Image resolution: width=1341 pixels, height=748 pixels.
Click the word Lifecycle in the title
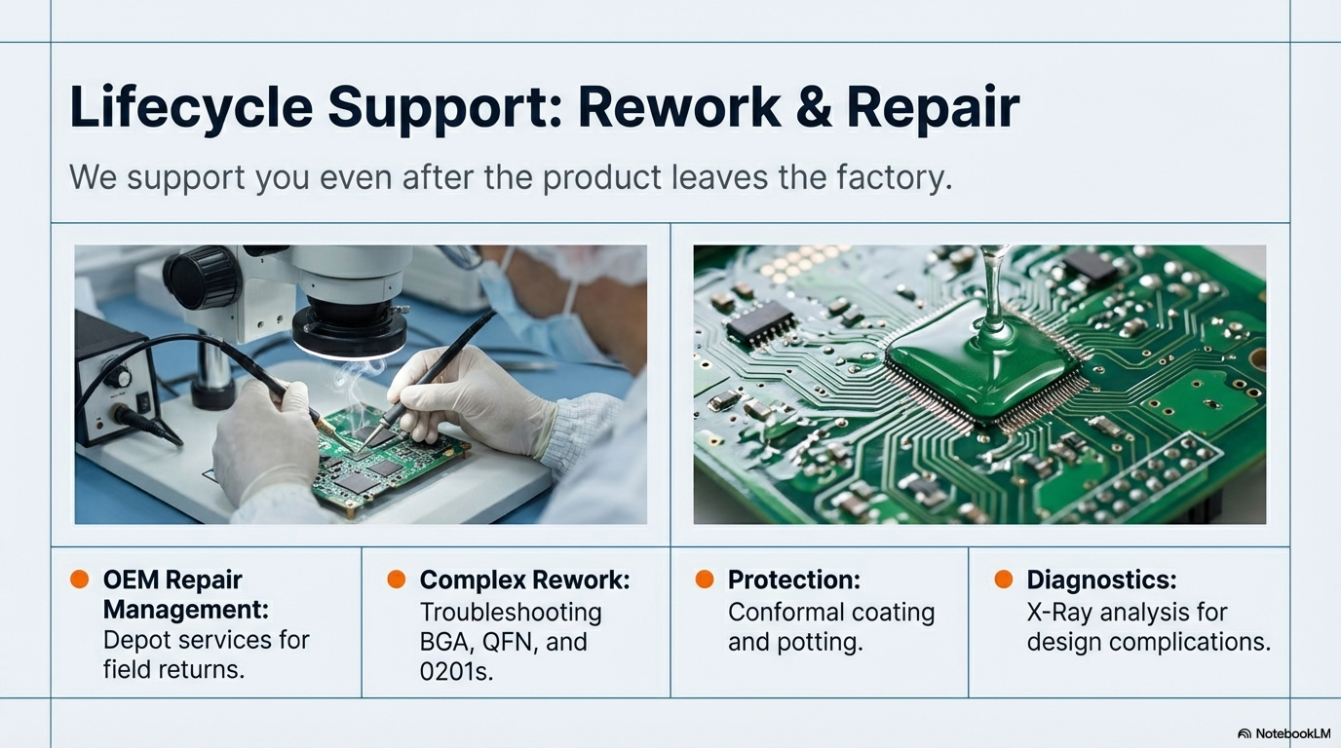click(x=191, y=108)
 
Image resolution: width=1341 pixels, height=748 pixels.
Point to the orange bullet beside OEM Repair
click(x=80, y=580)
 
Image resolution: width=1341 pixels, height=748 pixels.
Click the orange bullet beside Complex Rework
click(x=397, y=580)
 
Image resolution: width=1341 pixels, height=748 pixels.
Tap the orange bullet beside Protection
click(x=705, y=580)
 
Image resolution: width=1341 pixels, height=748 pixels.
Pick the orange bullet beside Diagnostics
click(x=1004, y=580)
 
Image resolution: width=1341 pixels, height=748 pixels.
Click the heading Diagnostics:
click(x=1102, y=580)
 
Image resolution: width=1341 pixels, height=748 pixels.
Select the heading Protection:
click(x=794, y=580)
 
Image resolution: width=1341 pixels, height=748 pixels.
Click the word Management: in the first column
click(x=186, y=611)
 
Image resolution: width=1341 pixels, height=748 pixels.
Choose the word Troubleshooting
click(x=511, y=613)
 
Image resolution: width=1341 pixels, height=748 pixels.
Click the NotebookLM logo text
click(x=1284, y=733)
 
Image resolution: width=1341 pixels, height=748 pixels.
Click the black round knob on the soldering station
click(x=119, y=375)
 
